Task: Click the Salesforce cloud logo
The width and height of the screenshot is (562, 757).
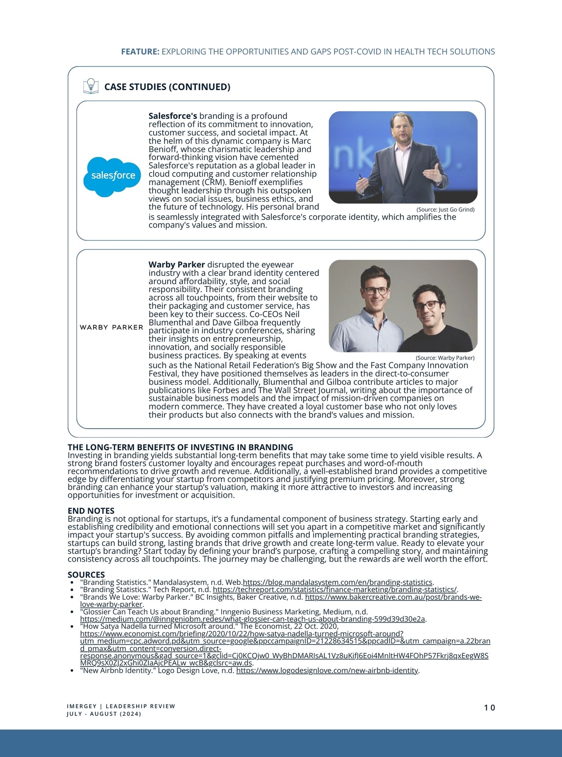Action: coord(112,176)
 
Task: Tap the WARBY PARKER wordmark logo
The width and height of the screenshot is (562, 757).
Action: coord(111,327)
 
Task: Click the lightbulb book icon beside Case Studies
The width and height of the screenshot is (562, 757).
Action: coord(91,86)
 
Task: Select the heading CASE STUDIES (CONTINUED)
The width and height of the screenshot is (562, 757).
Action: coord(167,87)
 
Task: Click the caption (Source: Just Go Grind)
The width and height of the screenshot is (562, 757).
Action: coord(445,210)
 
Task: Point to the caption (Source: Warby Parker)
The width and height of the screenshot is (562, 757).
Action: coord(445,358)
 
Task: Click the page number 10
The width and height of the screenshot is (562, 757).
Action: coord(489,708)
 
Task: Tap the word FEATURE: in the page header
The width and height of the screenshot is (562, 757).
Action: coord(140,52)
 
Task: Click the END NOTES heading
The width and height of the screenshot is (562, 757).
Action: coord(91,511)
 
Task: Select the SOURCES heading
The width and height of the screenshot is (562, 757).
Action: coord(86,575)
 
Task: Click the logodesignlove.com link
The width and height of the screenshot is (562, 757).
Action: coord(327,671)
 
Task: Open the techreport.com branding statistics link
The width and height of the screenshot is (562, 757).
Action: coord(335,590)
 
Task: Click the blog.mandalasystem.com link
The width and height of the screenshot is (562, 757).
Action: coord(337,582)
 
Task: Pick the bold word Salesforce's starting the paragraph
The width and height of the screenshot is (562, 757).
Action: coord(173,116)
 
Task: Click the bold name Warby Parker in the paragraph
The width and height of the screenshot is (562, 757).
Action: coord(176,265)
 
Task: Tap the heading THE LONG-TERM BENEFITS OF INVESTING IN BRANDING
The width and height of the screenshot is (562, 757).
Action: coord(180,447)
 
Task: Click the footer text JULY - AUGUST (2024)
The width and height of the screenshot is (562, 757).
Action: coord(104,714)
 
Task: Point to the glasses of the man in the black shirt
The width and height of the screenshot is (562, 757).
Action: coord(428,305)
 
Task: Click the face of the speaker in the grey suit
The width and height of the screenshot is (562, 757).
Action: coord(402,128)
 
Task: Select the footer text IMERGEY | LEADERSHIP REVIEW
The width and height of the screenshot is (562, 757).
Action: coord(121,706)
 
